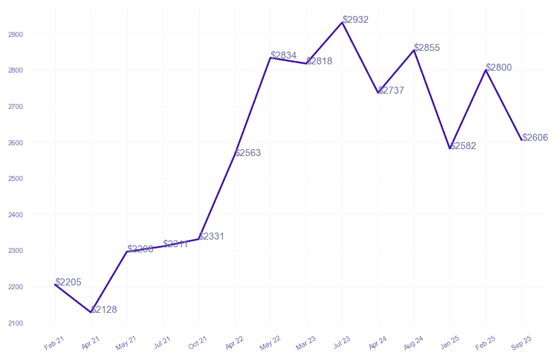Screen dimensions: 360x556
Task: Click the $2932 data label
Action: point(355,20)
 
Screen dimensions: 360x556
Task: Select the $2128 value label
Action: point(104,310)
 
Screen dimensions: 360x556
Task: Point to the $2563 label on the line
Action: point(248,153)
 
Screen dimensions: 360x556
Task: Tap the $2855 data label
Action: point(427,48)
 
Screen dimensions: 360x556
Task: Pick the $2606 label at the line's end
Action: point(535,138)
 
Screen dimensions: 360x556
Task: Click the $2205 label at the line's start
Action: point(68,282)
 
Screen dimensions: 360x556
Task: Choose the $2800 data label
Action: point(499,68)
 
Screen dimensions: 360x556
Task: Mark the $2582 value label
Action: point(463,146)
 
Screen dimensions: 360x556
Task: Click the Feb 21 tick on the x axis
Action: point(55,343)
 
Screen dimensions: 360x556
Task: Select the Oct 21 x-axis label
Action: point(198,343)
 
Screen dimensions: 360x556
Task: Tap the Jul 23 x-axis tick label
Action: point(342,343)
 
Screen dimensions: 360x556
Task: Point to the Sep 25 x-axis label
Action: point(522,343)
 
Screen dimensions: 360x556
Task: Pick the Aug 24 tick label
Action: point(414,343)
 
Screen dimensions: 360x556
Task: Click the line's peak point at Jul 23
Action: point(343,22)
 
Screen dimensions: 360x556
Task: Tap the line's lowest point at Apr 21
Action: point(91,312)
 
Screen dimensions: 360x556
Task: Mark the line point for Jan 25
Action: point(450,148)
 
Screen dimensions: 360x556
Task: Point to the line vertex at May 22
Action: point(271,58)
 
